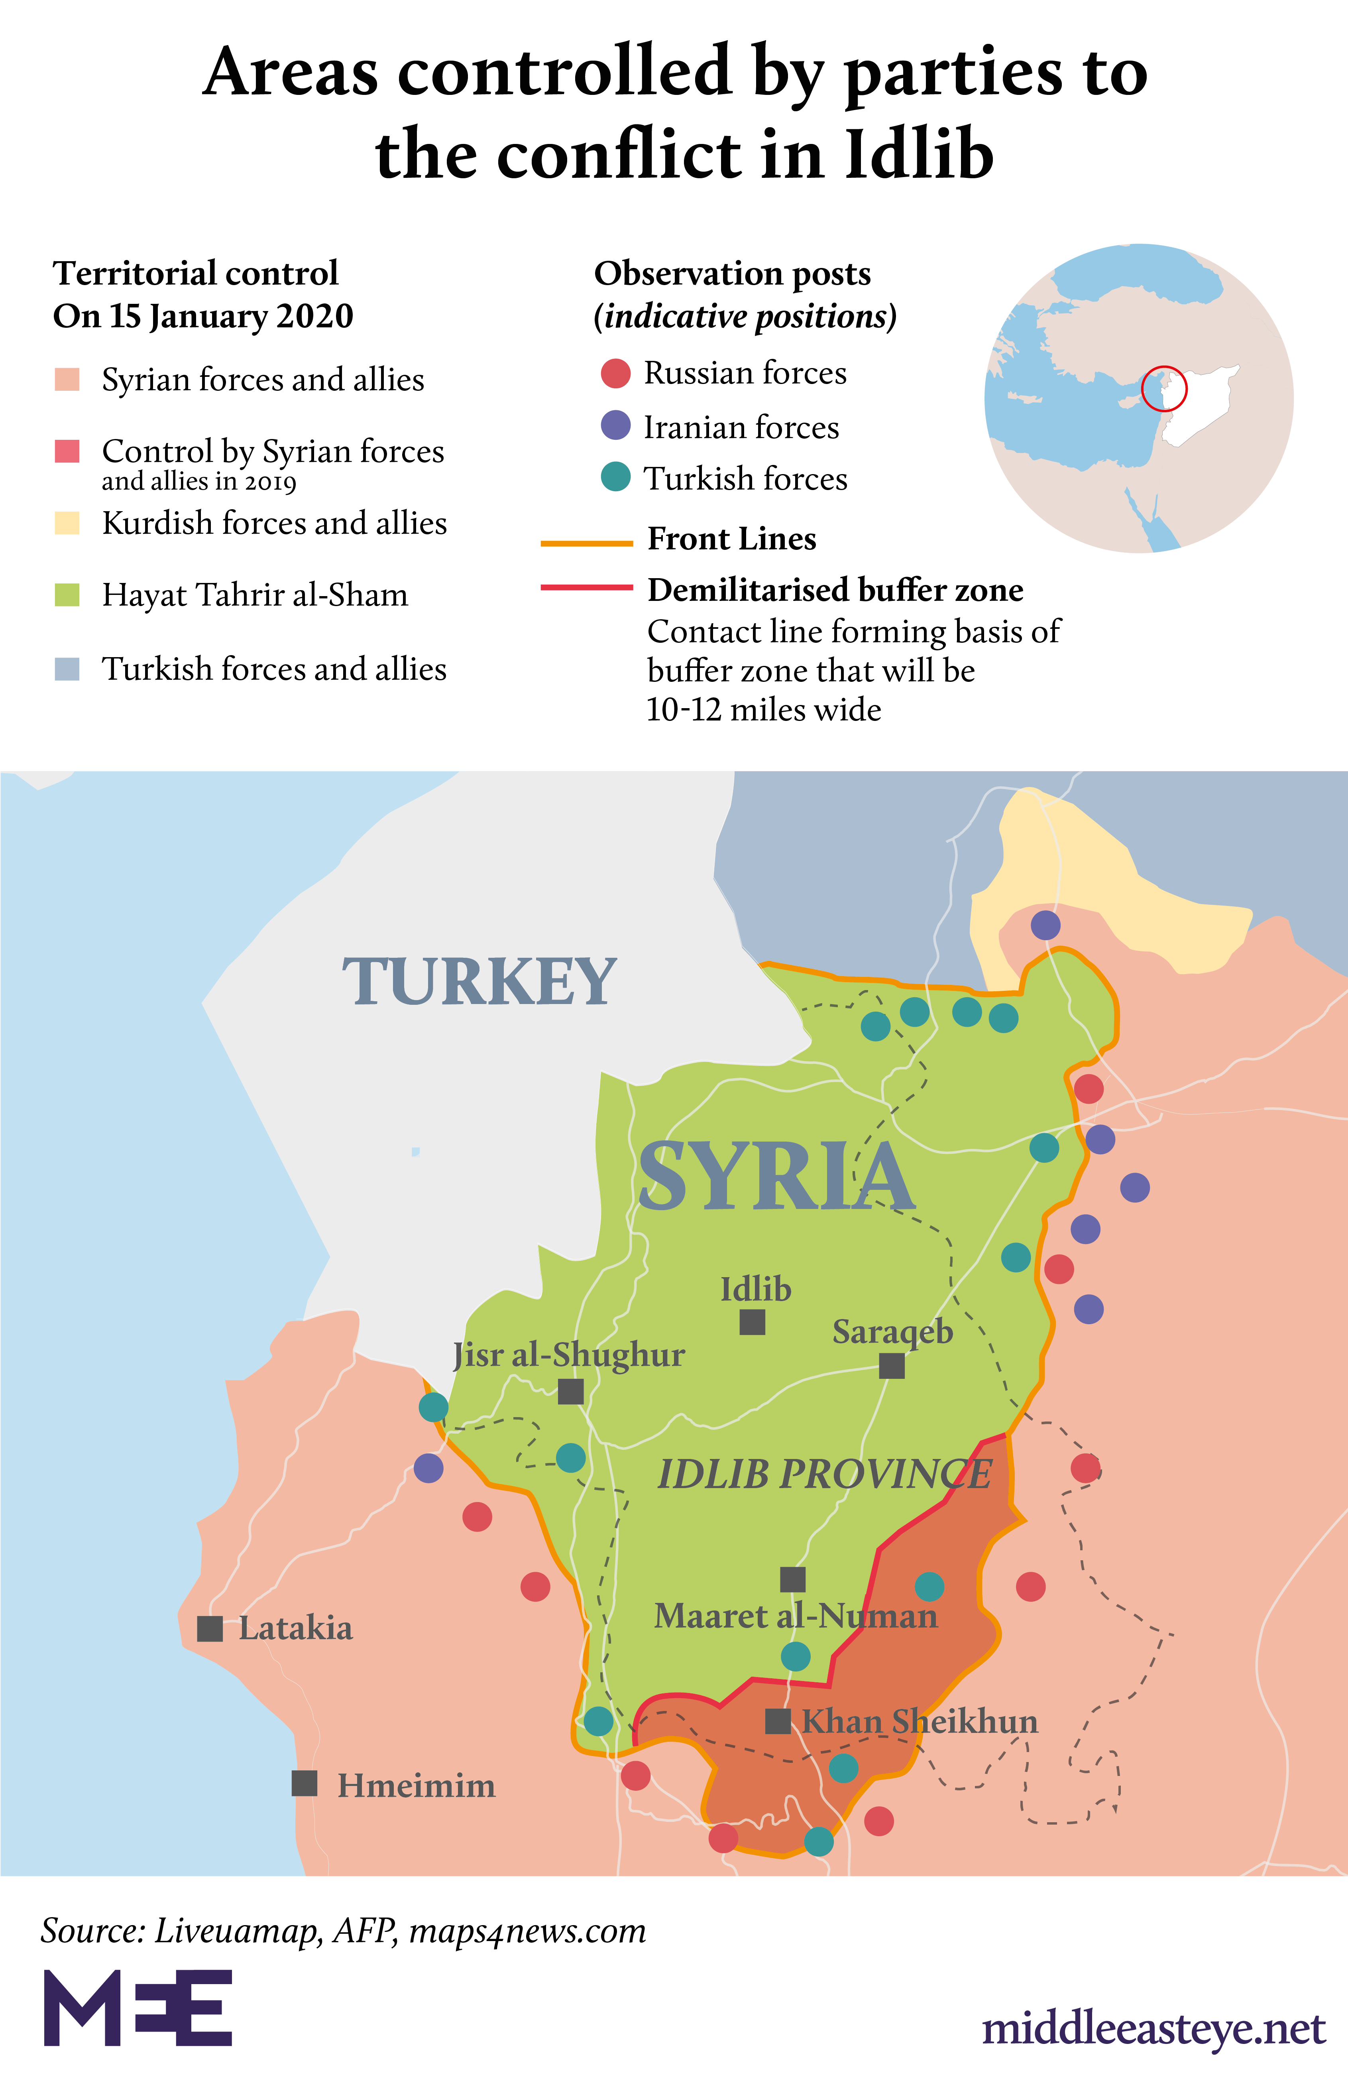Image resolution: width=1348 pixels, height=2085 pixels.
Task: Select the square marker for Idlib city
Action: tap(752, 1322)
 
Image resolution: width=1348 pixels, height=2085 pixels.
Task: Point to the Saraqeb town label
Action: tap(892, 1332)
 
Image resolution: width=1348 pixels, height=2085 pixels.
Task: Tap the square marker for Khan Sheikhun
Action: tap(777, 1721)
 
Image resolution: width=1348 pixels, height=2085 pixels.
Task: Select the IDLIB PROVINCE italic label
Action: tap(825, 1475)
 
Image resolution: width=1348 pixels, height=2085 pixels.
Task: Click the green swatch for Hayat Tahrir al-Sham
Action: tap(67, 595)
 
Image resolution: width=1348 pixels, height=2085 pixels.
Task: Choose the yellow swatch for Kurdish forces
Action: tap(67, 523)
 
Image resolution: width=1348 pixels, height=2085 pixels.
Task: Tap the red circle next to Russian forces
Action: tap(615, 373)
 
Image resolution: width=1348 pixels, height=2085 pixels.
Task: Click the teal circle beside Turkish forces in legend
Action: tap(615, 477)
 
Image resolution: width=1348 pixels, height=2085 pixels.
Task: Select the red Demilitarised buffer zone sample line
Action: tap(586, 587)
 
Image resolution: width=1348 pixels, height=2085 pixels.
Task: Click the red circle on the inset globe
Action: tap(1164, 388)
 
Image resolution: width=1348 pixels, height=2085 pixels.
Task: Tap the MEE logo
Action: tap(138, 2008)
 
